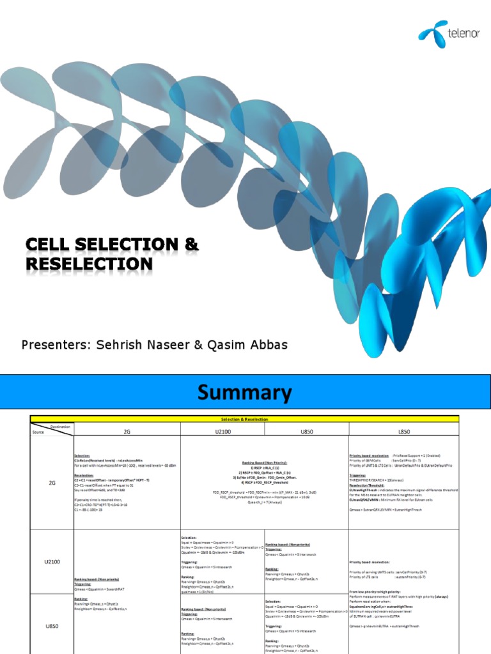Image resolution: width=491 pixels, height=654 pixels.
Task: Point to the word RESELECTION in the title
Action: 89,264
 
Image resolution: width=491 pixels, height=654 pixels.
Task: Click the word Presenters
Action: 56,345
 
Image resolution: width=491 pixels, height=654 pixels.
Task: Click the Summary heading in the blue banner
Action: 245,392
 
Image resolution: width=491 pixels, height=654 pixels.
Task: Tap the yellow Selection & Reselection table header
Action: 245,418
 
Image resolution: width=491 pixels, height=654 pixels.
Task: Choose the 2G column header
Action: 126,431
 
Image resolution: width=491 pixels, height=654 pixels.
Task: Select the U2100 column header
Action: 222,431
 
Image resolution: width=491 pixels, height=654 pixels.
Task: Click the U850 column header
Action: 306,431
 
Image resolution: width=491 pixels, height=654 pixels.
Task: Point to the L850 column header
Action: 403,431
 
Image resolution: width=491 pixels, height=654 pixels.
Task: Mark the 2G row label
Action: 52,483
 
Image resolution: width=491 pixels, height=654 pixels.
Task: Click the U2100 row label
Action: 52,562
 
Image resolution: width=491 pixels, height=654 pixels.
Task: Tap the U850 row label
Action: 52,627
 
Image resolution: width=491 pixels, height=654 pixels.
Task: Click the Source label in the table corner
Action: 39,432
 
